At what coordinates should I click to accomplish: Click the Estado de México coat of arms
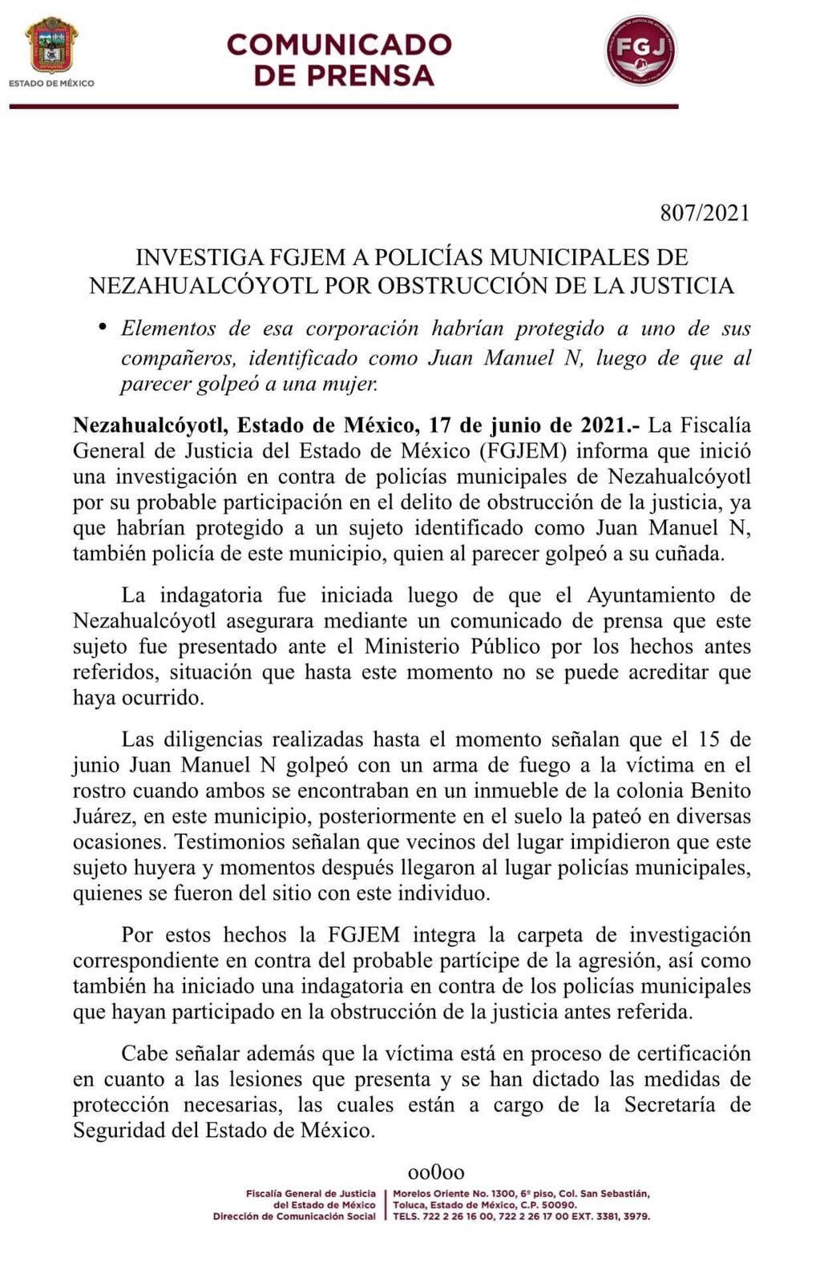click(x=51, y=46)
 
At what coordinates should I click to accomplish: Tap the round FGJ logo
click(x=640, y=50)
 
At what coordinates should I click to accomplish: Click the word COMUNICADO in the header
click(x=339, y=44)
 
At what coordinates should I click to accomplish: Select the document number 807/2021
click(x=705, y=213)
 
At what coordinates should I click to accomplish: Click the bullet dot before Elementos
click(x=102, y=327)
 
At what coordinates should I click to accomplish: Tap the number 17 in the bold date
click(x=440, y=425)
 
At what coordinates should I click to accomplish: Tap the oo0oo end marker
click(x=436, y=1173)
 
